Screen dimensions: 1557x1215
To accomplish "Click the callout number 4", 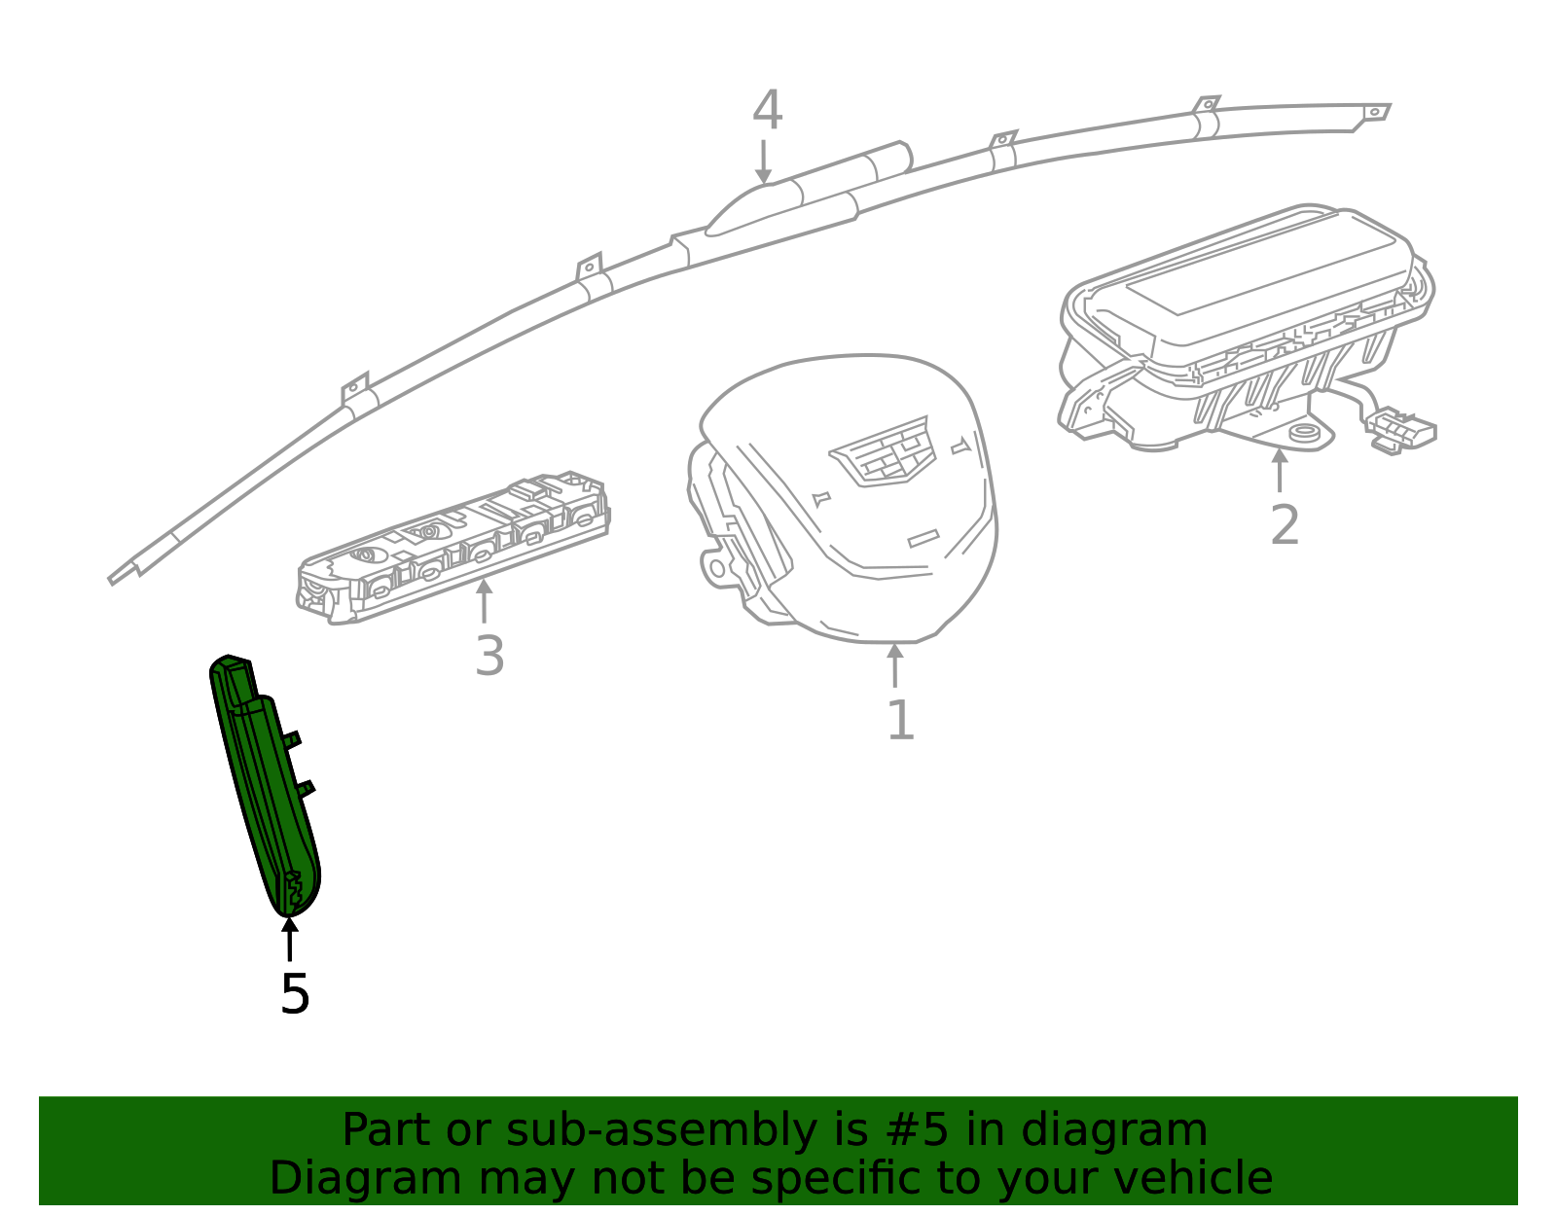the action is click(x=768, y=110).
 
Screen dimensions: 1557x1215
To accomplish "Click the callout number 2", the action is click(x=1284, y=524).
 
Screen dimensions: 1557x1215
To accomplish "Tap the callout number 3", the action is click(x=490, y=655).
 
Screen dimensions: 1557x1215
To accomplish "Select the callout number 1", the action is click(x=901, y=720).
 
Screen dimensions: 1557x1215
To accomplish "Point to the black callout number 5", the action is click(x=295, y=994).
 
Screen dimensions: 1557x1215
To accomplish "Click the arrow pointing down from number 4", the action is click(x=764, y=161).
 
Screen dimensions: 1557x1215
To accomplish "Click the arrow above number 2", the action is click(x=1279, y=471).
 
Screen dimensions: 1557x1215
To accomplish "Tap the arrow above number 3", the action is click(x=485, y=601).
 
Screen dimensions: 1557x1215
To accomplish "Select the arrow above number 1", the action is click(x=895, y=665).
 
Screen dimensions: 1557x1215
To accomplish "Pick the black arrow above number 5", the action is click(x=289, y=940).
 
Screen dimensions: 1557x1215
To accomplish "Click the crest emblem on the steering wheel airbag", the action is click(x=883, y=451).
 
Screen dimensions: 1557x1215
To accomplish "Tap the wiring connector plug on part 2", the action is click(x=1400, y=431).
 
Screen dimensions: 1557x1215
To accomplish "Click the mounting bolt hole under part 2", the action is click(x=1304, y=432).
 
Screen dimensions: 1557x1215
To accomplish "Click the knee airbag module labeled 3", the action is click(x=453, y=549).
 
